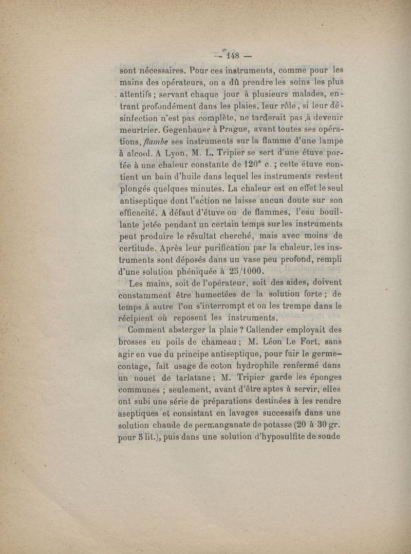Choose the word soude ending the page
[x=331, y=438]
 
